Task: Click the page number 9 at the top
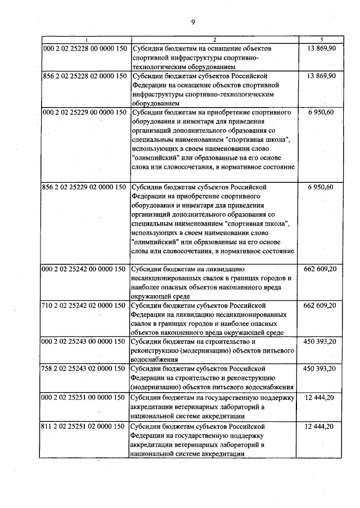pyautogui.click(x=192, y=22)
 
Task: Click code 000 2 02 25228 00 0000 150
pyautogui.click(x=85, y=49)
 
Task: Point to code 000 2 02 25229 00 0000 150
pyautogui.click(x=85, y=113)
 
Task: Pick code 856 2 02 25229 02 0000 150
pyautogui.click(x=85, y=187)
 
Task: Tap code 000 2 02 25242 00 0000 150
pyautogui.click(x=85, y=269)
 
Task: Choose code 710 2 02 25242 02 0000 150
pyautogui.click(x=85, y=305)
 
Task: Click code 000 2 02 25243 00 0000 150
pyautogui.click(x=85, y=341)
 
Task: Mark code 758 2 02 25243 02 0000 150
pyautogui.click(x=85, y=368)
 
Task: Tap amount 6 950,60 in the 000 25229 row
pyautogui.click(x=322, y=113)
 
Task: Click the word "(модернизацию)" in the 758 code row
pyautogui.click(x=156, y=387)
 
